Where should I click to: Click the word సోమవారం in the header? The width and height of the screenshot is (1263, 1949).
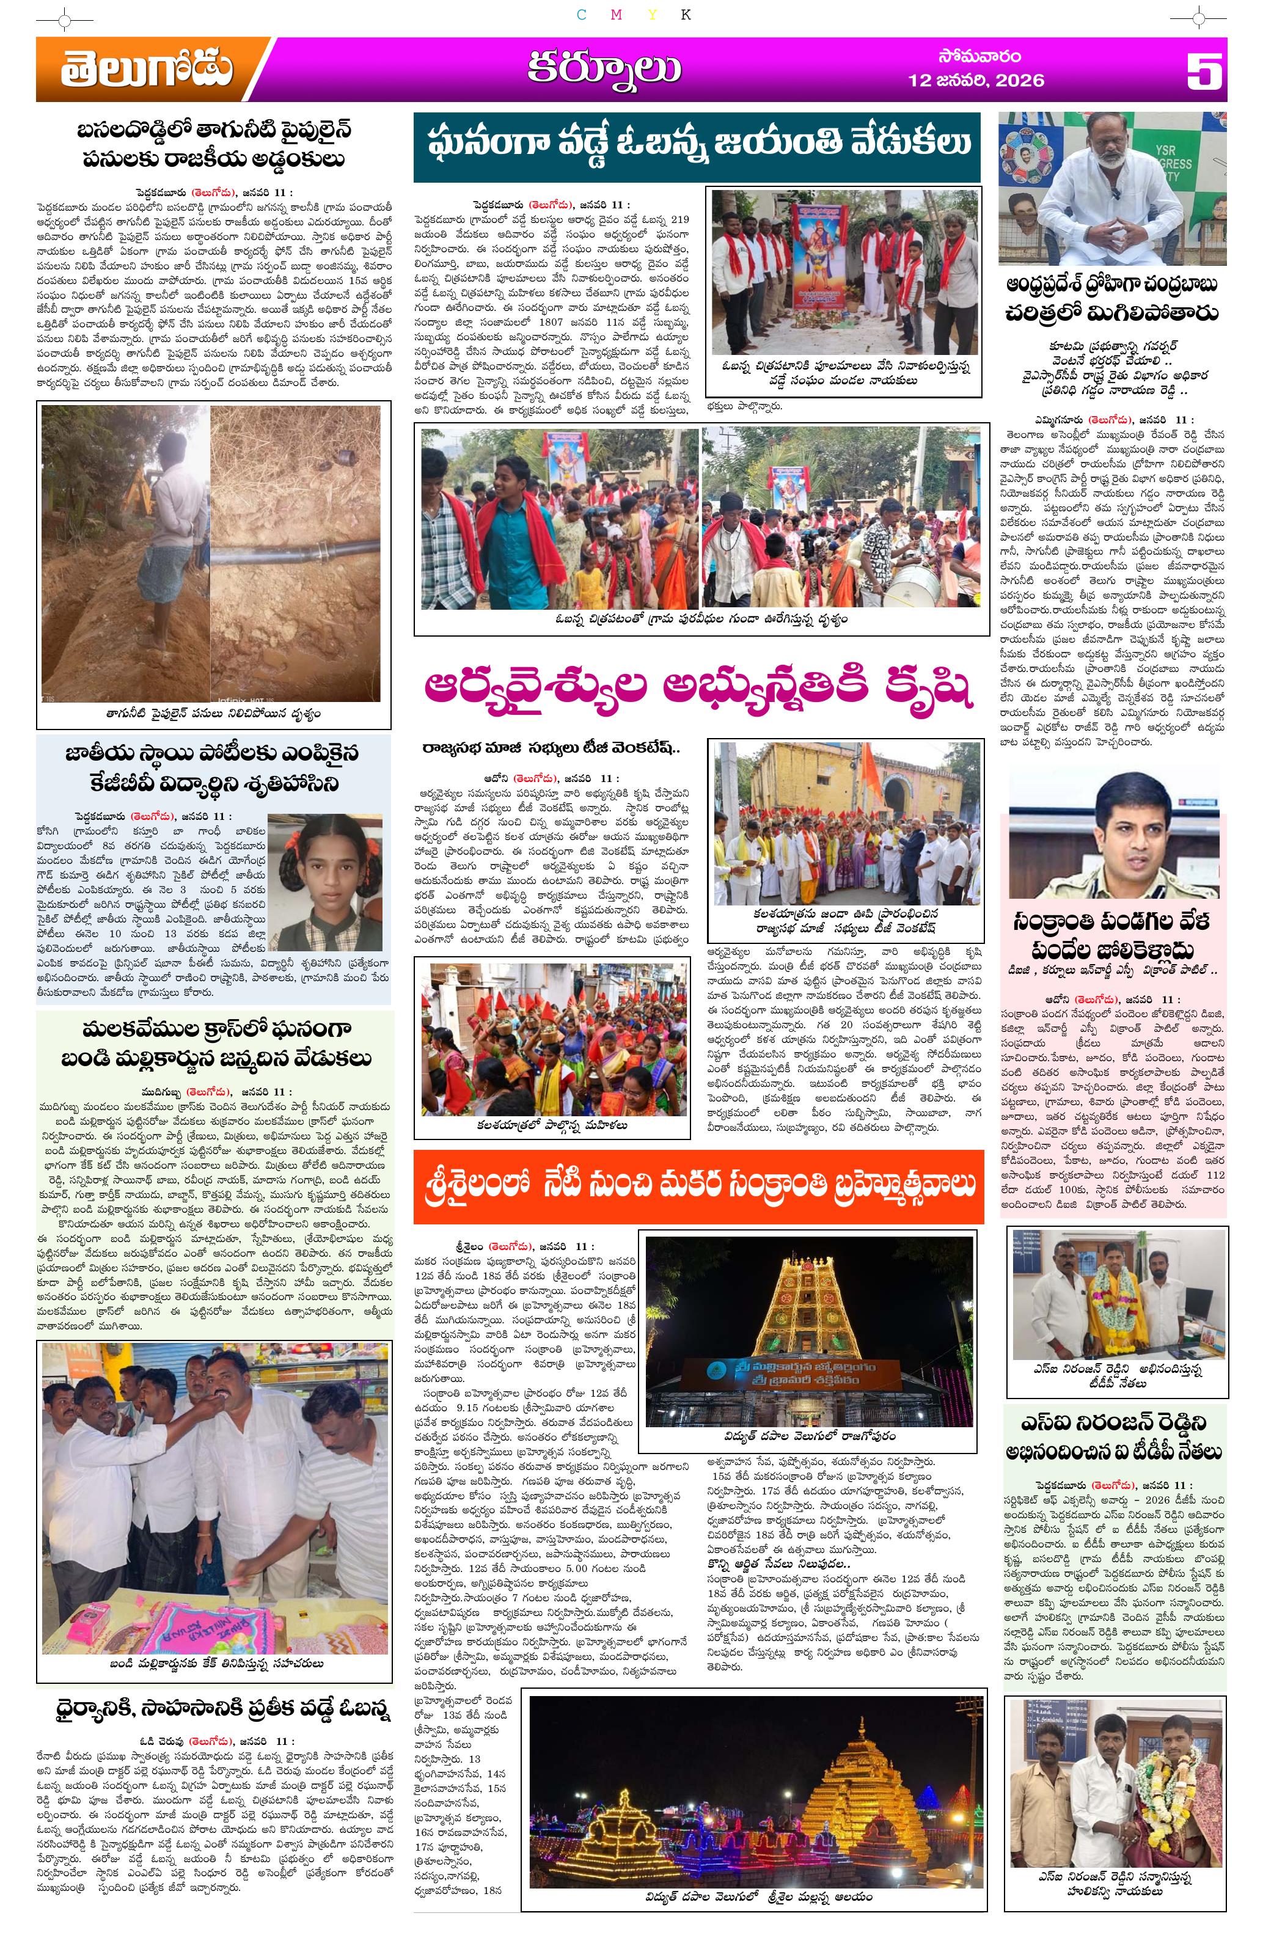coord(979,57)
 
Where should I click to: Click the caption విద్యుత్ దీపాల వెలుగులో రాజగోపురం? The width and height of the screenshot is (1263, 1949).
coord(809,1436)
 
